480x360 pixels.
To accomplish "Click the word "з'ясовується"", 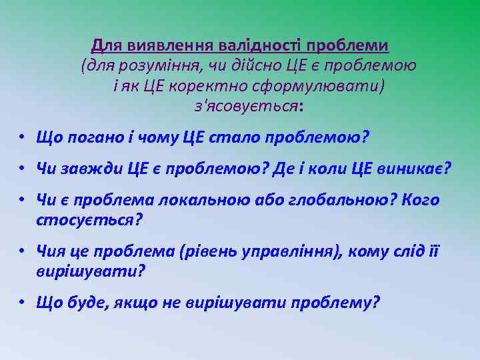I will coord(245,106).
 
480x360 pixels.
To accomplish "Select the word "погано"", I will coord(95,138).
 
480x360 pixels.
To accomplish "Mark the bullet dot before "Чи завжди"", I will coord(22,169).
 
